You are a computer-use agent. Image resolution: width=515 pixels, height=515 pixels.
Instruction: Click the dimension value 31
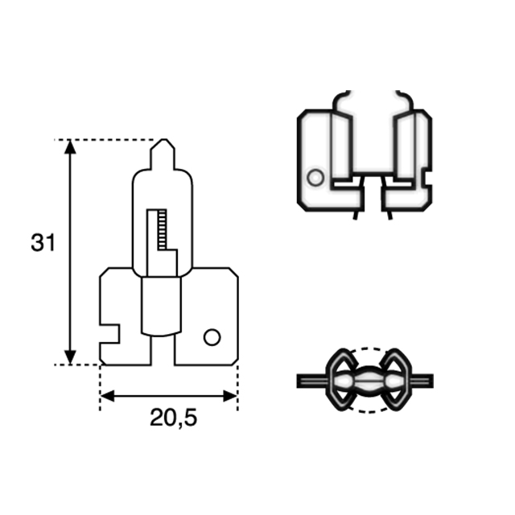43,242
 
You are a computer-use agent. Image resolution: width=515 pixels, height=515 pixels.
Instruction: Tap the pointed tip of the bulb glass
163,145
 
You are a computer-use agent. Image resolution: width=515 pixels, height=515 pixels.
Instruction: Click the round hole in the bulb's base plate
212,337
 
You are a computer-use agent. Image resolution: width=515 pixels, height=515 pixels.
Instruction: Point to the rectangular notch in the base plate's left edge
110,331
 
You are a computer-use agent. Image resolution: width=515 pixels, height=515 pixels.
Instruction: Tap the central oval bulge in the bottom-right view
369,379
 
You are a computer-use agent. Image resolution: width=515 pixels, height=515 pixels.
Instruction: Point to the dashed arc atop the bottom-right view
368,350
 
